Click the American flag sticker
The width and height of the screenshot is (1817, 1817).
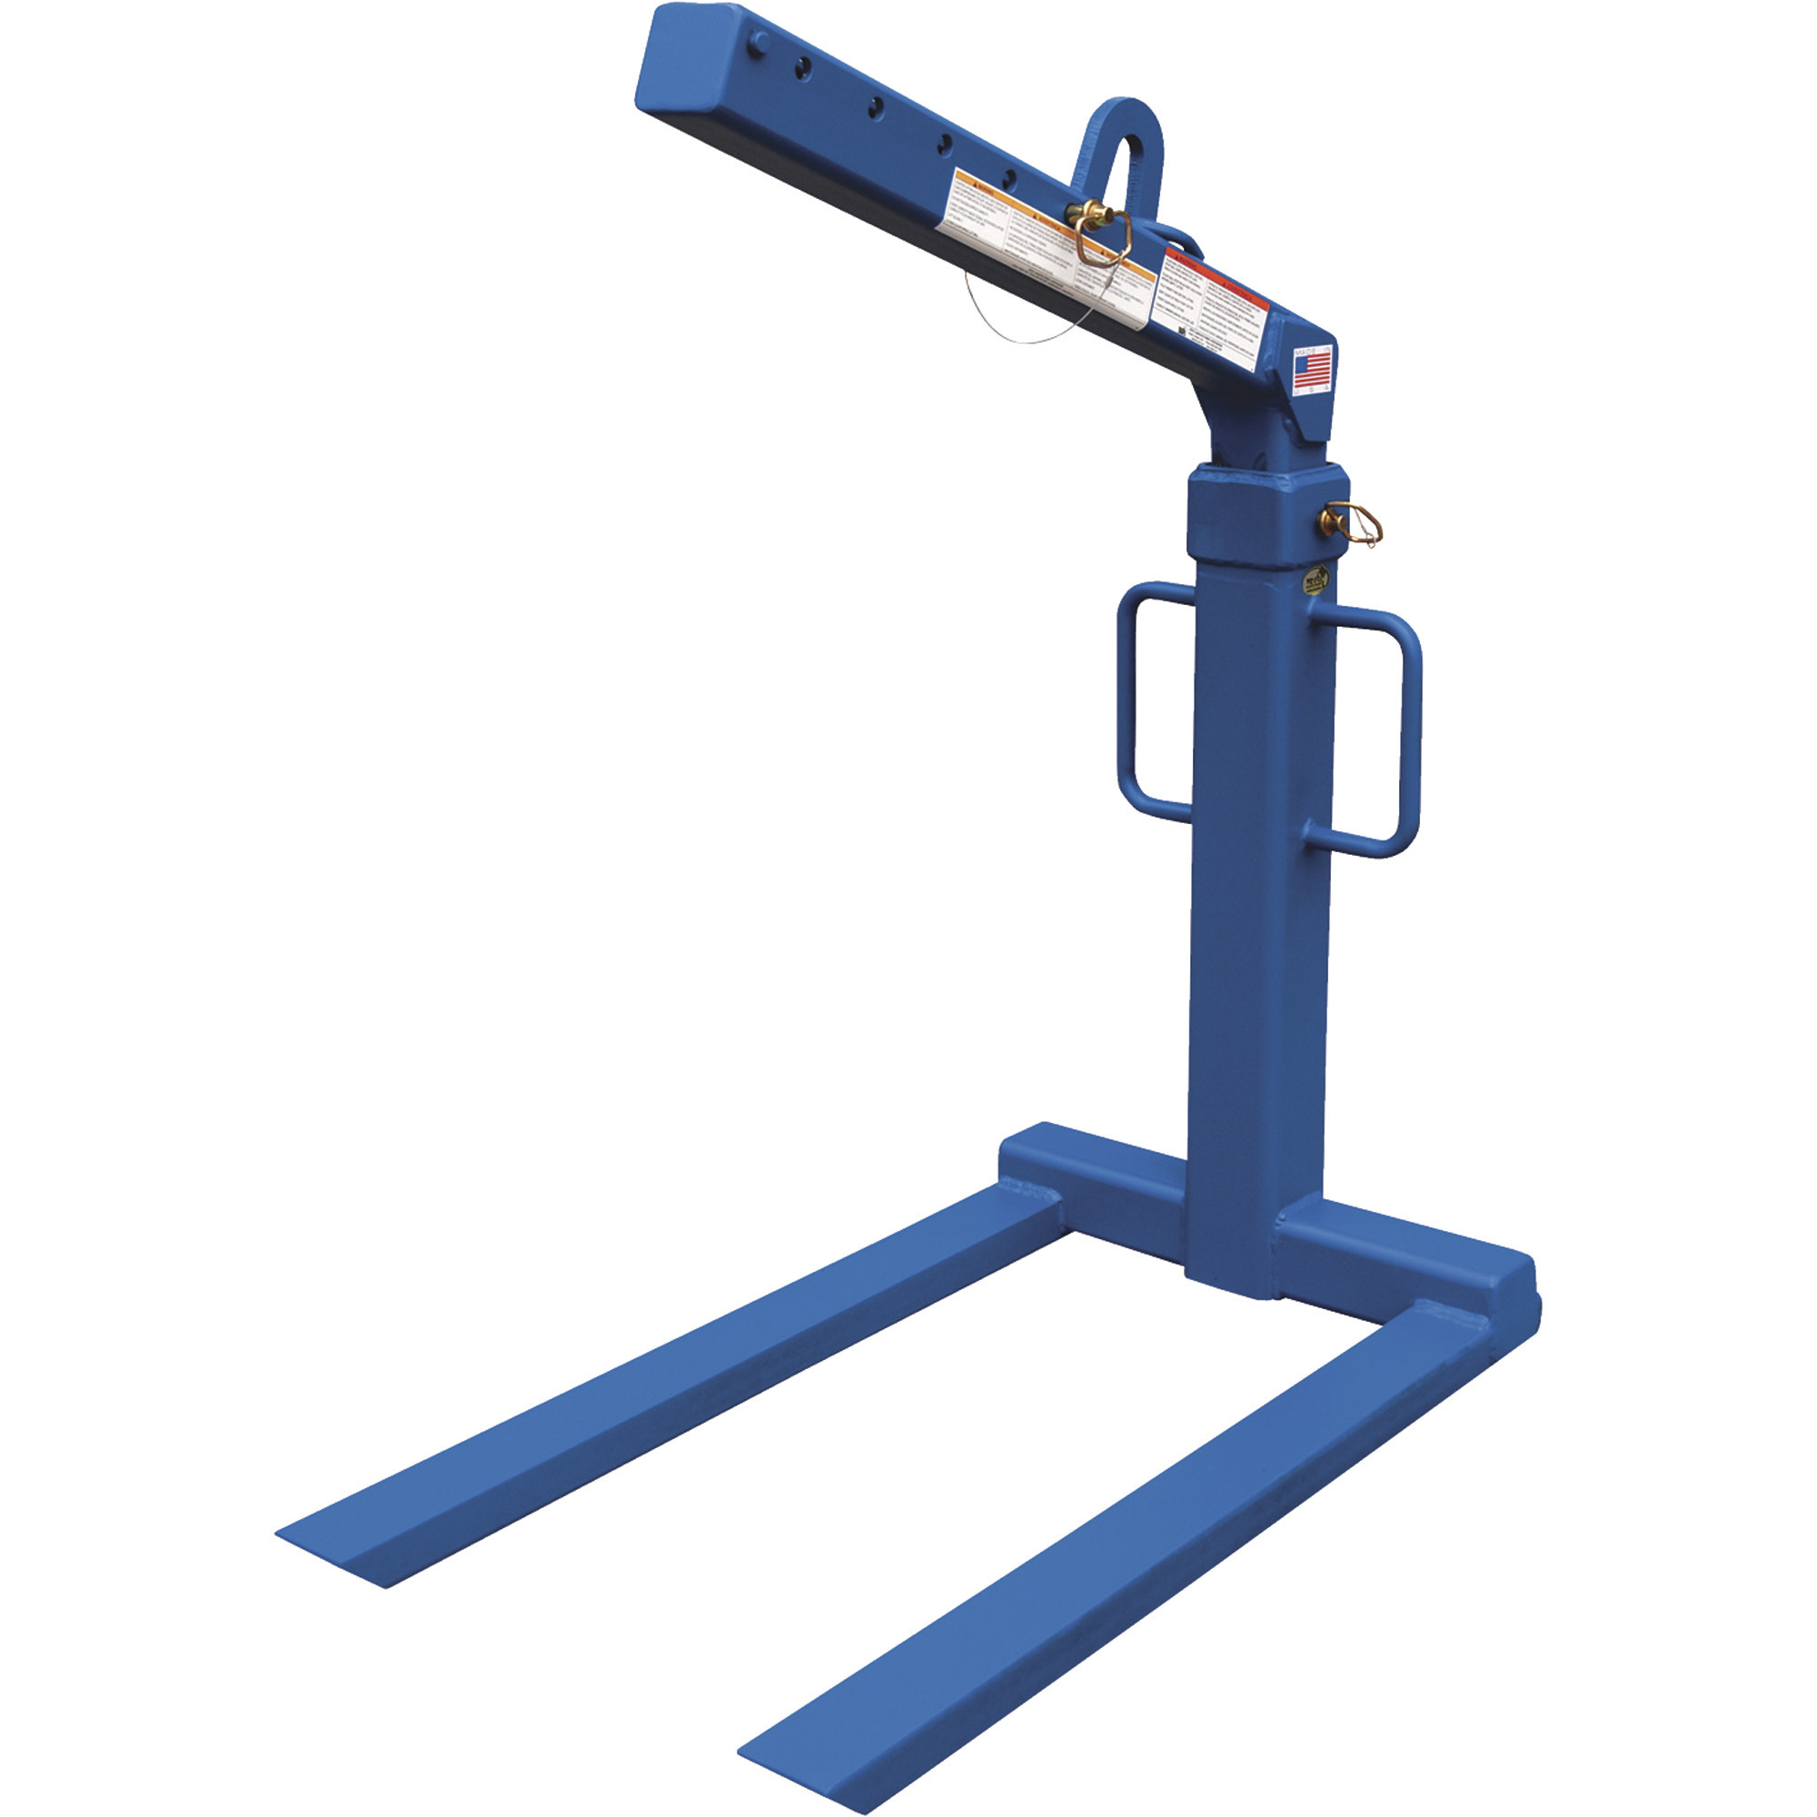(x=1313, y=370)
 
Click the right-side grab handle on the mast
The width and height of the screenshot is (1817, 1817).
(x=1408, y=734)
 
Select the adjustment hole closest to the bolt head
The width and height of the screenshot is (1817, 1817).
(x=804, y=65)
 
